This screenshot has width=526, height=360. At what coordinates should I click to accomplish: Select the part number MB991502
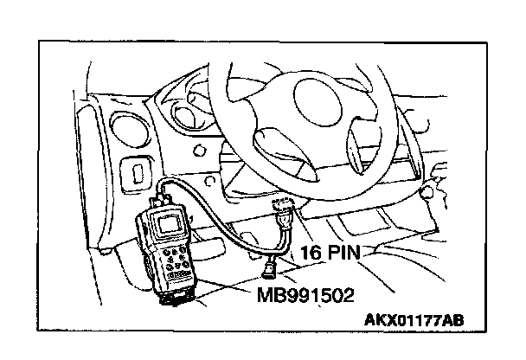click(x=305, y=295)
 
